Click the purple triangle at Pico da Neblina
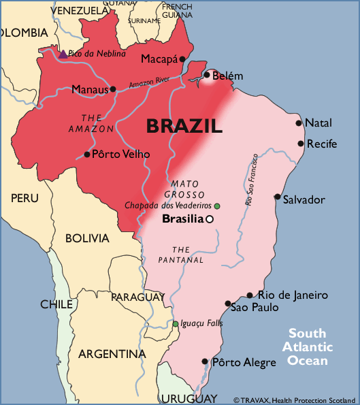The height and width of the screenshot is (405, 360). (63, 54)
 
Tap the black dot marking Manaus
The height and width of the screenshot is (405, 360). (113, 88)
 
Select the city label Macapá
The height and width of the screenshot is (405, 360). (159, 59)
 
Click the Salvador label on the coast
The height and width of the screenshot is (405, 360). (304, 199)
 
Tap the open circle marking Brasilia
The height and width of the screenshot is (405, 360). (210, 219)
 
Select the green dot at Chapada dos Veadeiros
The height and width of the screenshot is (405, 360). (217, 206)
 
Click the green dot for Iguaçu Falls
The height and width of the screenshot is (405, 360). (175, 323)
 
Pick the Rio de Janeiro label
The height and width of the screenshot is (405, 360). (293, 295)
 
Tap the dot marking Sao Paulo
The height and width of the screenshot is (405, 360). (228, 304)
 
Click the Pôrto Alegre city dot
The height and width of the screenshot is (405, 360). (205, 362)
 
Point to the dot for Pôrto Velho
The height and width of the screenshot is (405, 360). (86, 154)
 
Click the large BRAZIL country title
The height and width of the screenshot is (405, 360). (184, 126)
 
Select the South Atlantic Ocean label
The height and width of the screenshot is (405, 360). (307, 346)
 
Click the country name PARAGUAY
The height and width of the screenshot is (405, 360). (137, 297)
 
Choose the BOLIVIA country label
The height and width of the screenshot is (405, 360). (87, 238)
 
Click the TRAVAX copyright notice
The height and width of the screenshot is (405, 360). (295, 400)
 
